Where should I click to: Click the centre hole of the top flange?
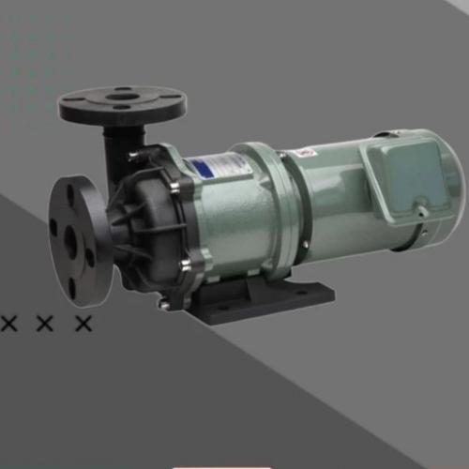[x=122, y=95]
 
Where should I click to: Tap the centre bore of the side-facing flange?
[x=70, y=241]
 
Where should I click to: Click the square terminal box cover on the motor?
[x=406, y=174]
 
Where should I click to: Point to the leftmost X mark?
[x=11, y=324]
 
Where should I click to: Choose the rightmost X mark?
[x=83, y=324]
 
